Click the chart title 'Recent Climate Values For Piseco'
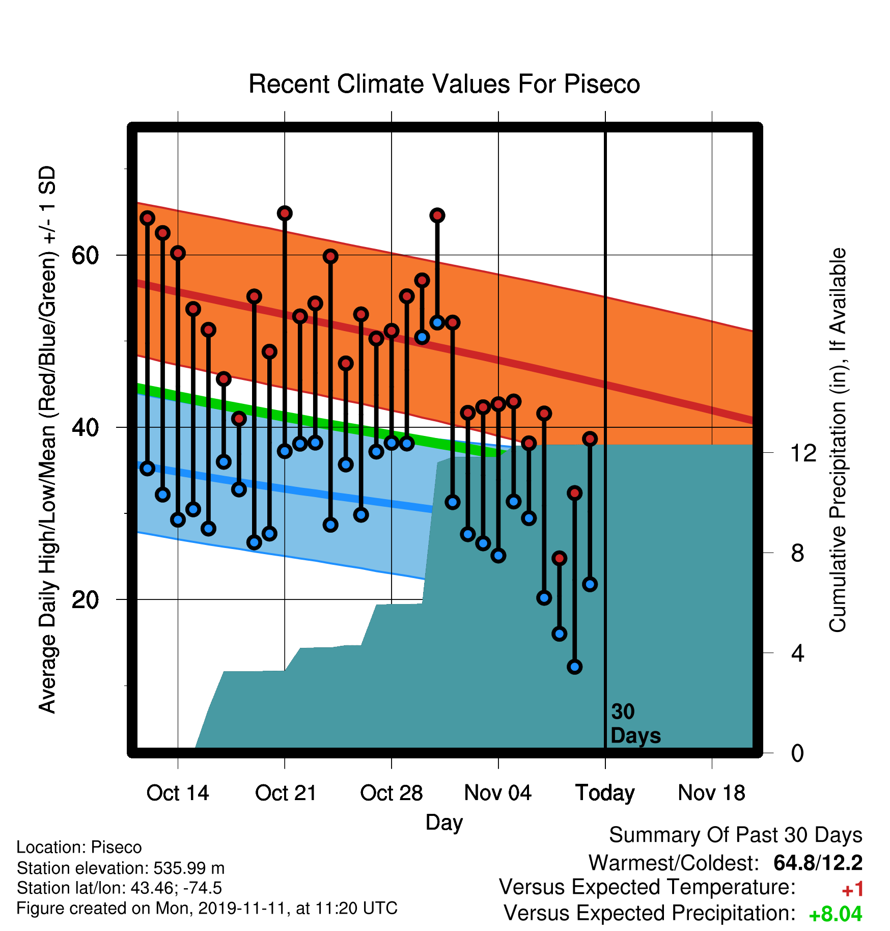444,84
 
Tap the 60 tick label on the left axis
85,255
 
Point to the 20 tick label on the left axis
85,599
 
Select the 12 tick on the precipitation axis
803,453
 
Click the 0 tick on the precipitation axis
798,753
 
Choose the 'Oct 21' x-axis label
286,793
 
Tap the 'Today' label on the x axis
605,793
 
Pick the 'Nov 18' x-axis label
712,793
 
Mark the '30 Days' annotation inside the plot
635,724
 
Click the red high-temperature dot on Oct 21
285,213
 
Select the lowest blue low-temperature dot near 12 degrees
575,667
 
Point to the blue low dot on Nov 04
498,556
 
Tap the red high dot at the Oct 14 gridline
178,253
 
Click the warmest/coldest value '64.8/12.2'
818,863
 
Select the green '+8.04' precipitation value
836,914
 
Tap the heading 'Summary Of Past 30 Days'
736,835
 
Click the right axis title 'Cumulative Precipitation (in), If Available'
838,440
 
